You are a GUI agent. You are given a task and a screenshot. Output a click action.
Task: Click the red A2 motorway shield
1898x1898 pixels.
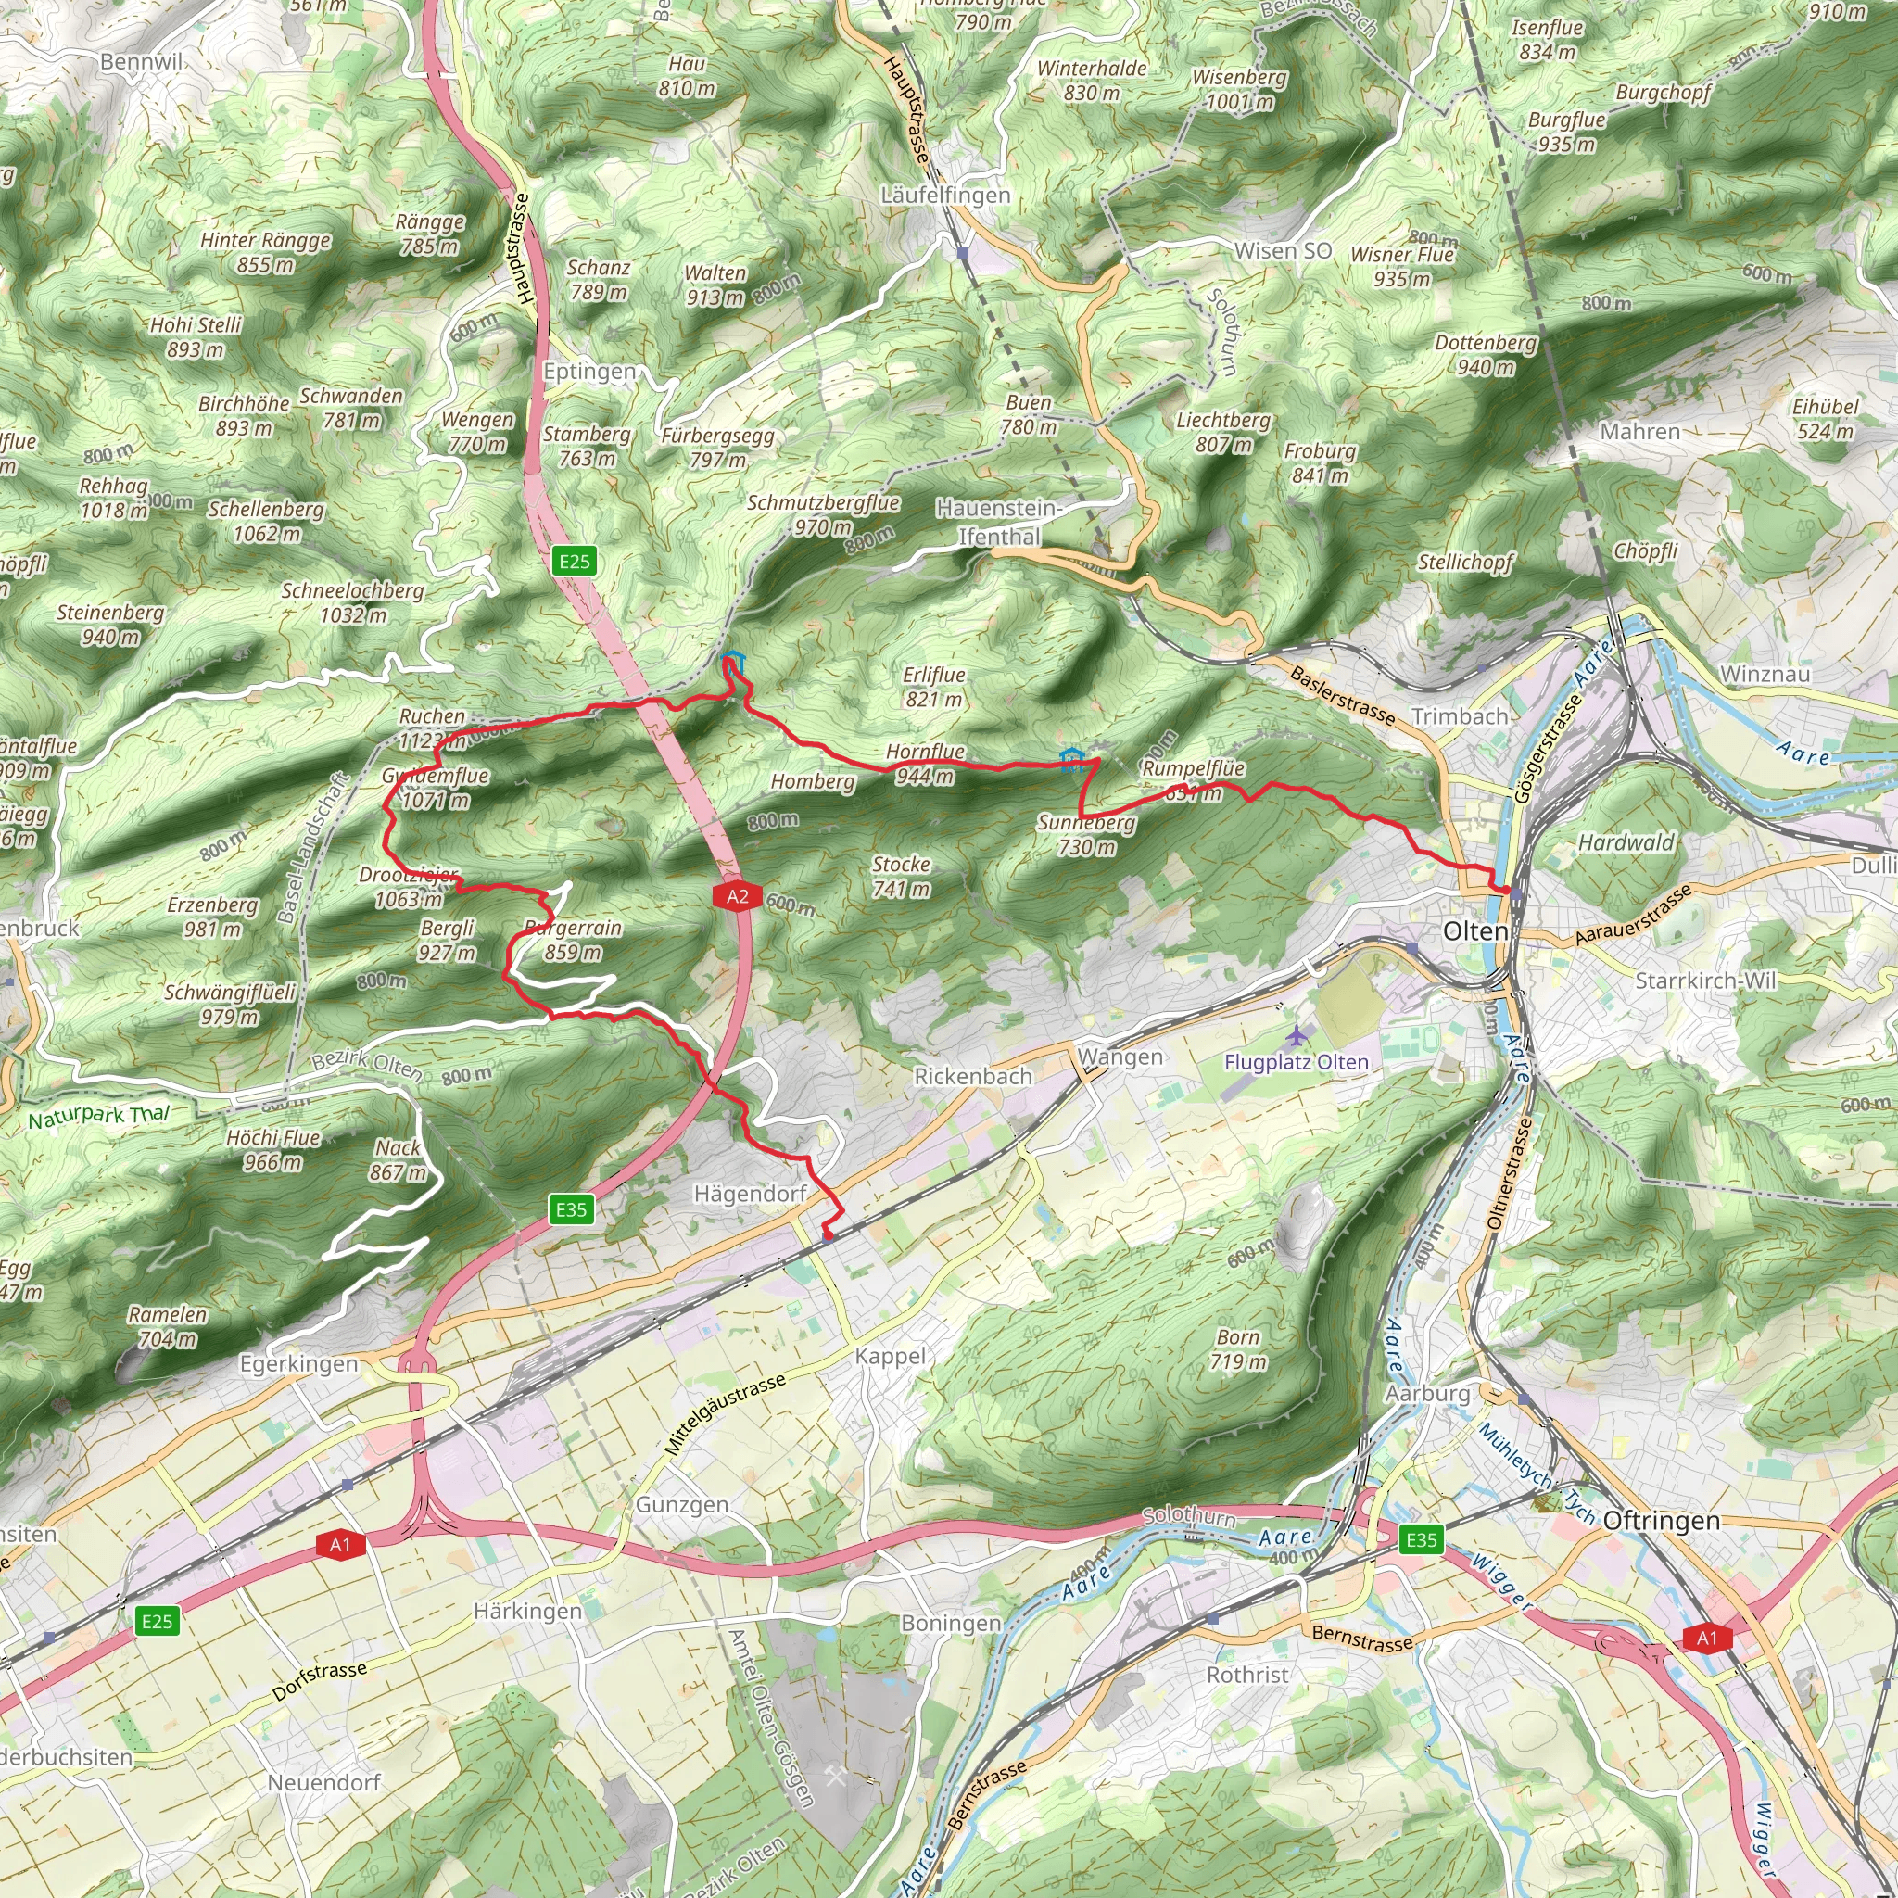(x=737, y=896)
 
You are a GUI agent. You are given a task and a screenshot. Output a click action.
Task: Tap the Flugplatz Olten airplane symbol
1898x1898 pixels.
(x=1297, y=1035)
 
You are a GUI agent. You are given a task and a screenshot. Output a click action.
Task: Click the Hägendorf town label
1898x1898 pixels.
(x=750, y=1194)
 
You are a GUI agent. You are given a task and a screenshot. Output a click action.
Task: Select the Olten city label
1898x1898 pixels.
(x=1474, y=930)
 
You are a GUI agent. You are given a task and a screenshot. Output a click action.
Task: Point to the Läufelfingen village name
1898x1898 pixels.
(x=945, y=196)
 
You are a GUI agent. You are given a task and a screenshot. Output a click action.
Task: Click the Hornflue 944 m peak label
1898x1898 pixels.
(x=924, y=764)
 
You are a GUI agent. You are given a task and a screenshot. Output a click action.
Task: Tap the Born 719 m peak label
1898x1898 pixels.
(x=1238, y=1348)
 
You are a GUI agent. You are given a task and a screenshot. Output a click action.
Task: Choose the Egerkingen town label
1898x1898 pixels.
(x=298, y=1363)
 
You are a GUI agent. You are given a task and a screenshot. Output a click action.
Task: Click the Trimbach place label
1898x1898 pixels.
(x=1459, y=716)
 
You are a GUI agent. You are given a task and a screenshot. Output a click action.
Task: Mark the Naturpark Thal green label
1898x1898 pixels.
(x=98, y=1117)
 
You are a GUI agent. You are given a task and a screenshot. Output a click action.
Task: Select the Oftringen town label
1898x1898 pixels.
(x=1662, y=1521)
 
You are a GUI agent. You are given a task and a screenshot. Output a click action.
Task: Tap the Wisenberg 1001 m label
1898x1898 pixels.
(x=1239, y=89)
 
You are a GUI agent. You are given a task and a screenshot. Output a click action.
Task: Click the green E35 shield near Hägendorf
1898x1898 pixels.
(x=571, y=1209)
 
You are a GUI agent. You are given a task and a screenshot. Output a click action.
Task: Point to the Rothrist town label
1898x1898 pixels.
(x=1246, y=1674)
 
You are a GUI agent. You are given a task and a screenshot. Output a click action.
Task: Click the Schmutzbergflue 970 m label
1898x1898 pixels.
(x=823, y=514)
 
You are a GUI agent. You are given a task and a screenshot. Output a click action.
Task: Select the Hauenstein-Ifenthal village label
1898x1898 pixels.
(x=998, y=522)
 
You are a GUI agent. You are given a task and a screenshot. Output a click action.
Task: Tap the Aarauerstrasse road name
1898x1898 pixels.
(x=1633, y=915)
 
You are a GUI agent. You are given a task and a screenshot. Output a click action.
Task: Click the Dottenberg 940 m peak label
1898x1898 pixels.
(x=1486, y=355)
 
